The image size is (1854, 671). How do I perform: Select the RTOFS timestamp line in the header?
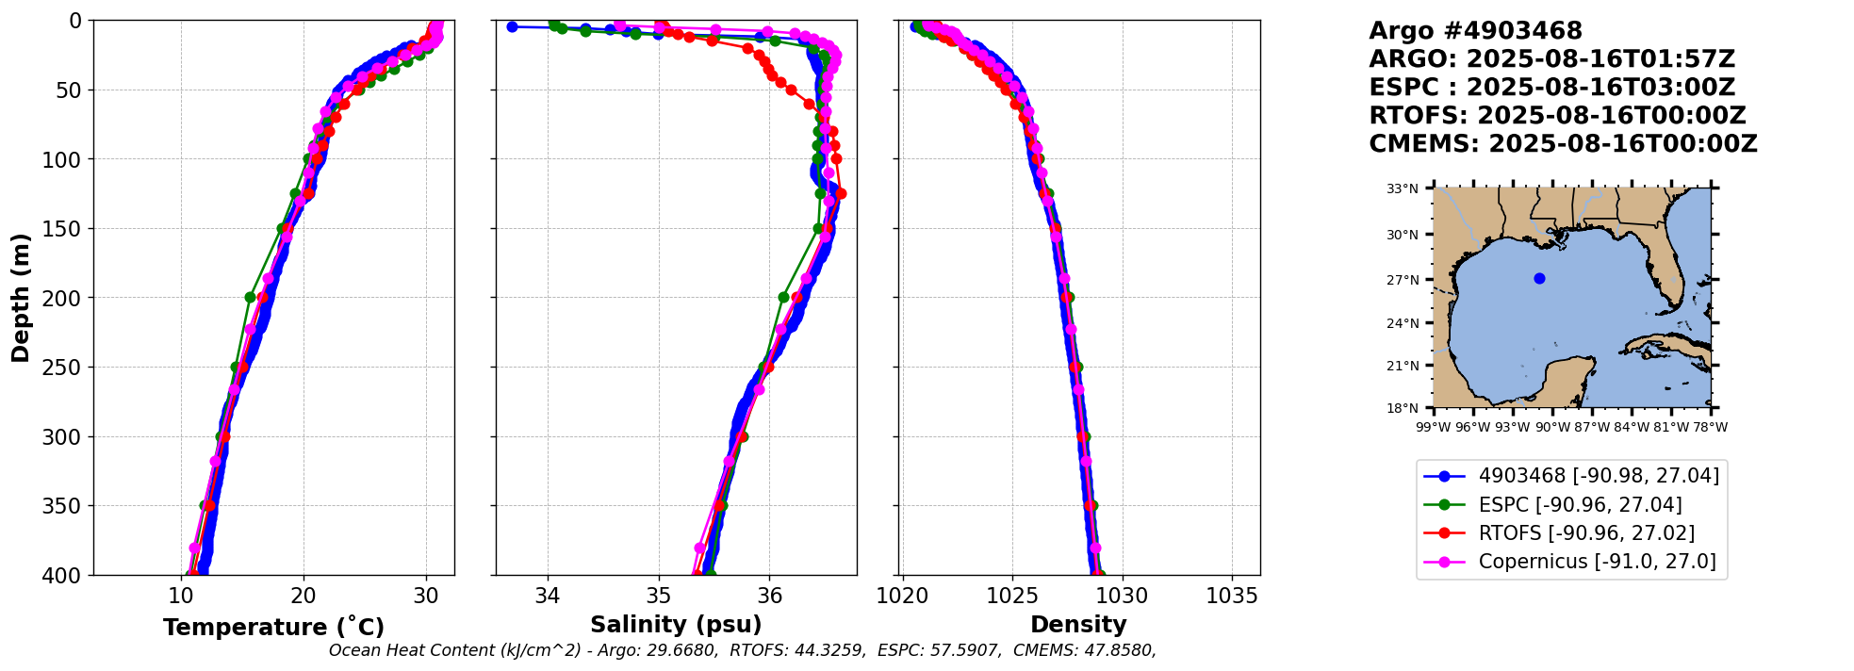[1557, 116]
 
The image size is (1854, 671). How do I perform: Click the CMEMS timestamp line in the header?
[1563, 144]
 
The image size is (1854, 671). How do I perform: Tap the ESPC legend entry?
[1580, 505]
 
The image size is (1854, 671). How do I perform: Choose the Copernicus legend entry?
[1597, 563]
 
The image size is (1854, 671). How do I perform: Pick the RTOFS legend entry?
[1586, 533]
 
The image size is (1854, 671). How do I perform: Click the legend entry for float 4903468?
[1599, 476]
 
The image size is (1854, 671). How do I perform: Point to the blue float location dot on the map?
[1539, 278]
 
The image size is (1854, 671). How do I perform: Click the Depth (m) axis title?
[20, 297]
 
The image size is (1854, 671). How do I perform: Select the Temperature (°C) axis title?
[273, 628]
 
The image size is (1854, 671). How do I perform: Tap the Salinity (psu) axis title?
[676, 625]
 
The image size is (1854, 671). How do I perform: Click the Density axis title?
[1078, 625]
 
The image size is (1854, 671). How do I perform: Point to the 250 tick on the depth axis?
[67, 367]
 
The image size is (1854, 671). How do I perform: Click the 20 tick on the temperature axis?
[303, 597]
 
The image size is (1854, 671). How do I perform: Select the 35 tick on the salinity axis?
[658, 597]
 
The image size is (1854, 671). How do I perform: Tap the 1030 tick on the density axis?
[1123, 597]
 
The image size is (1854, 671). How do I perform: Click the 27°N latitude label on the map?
[1402, 280]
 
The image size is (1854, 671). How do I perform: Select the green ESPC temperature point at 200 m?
[250, 297]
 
